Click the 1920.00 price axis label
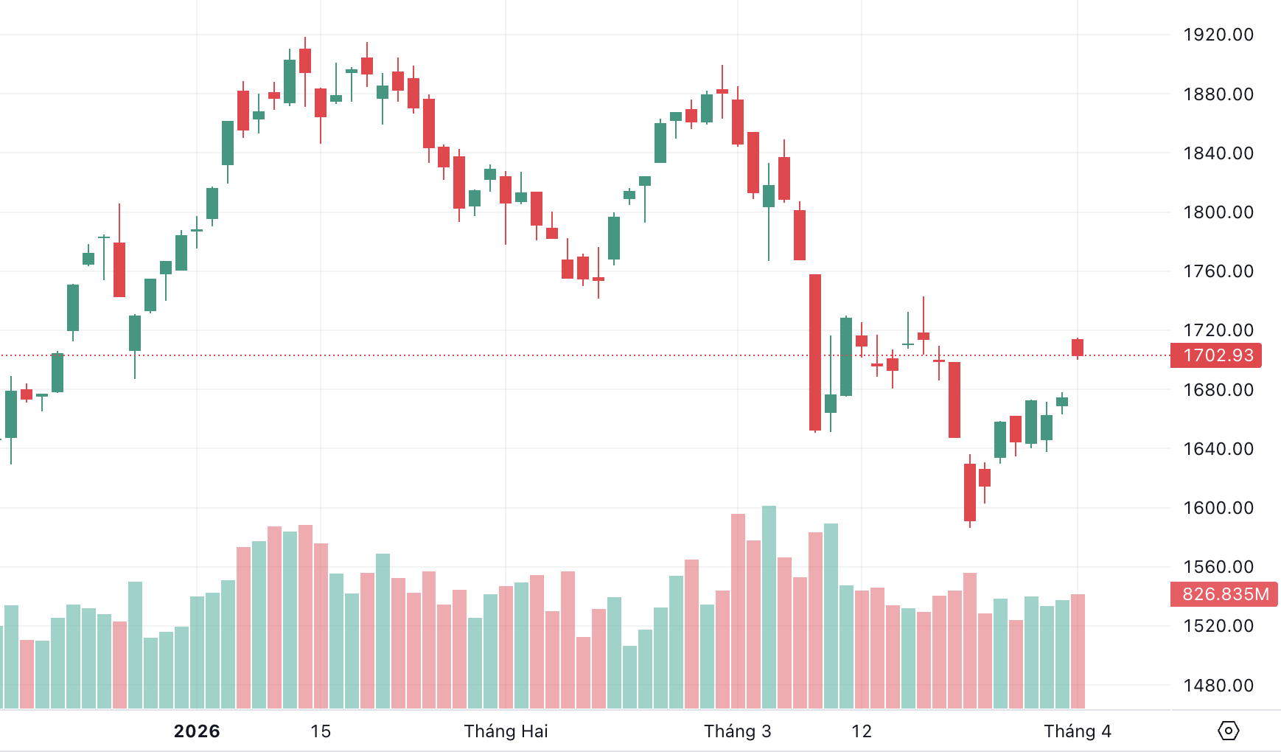click(1218, 35)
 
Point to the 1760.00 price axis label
click(1218, 271)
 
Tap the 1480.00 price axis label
click(1218, 686)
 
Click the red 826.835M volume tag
click(1225, 594)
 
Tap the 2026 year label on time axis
click(197, 731)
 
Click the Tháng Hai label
click(506, 731)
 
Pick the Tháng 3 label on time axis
click(737, 731)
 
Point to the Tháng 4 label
click(1077, 731)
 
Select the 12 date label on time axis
click(861, 731)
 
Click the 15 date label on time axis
click(321, 731)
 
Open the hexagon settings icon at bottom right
click(1228, 731)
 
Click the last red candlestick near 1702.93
click(1078, 347)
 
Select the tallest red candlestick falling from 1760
click(815, 352)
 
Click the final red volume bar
click(1078, 650)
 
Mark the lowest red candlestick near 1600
click(970, 492)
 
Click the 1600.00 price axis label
click(1218, 508)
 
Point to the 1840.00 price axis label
click(1218, 153)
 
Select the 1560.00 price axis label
click(1218, 567)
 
